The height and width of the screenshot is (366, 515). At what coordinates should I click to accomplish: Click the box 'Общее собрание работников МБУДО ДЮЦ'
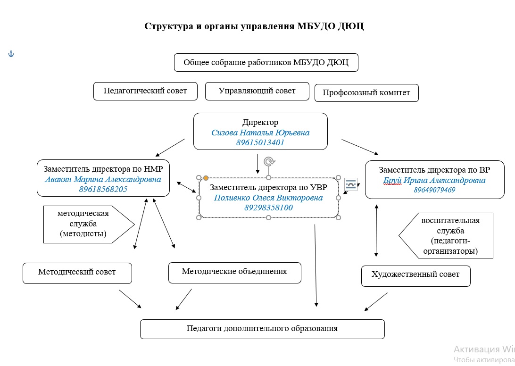point(266,63)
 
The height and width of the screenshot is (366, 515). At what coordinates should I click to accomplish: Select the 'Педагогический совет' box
point(145,91)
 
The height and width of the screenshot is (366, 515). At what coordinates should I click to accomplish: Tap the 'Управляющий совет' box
point(257,91)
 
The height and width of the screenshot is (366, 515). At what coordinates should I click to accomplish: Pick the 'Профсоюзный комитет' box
point(366,92)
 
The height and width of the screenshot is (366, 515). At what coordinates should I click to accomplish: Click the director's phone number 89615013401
point(260,142)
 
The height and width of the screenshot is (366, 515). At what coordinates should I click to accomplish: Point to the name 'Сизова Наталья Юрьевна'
point(260,133)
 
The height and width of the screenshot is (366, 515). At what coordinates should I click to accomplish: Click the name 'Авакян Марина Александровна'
point(103,180)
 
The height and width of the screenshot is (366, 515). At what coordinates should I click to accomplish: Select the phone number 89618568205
point(103,189)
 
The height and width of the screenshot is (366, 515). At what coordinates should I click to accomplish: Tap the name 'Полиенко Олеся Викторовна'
point(268,198)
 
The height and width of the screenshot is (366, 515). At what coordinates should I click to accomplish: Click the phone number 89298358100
point(268,208)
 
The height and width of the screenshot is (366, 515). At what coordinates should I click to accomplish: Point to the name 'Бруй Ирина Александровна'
point(434,180)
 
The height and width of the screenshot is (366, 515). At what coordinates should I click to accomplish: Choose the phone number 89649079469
point(434,190)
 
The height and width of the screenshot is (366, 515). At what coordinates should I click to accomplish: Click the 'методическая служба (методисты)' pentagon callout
point(85,224)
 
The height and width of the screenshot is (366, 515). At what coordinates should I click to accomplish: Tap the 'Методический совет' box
point(77,273)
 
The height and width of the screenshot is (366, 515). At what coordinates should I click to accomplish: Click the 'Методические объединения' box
point(234,272)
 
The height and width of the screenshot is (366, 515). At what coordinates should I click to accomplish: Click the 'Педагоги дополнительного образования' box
point(262,329)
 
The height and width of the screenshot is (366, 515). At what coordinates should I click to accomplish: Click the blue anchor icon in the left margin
point(11,54)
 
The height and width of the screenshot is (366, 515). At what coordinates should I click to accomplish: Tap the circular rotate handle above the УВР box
point(269,162)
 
